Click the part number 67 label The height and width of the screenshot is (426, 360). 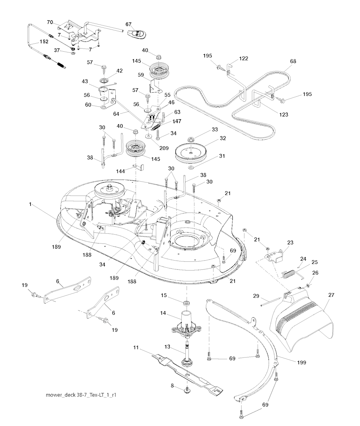[x=128, y=24]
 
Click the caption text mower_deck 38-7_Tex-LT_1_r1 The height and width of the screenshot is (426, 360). [x=81, y=395]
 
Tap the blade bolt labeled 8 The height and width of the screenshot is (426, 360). [x=185, y=389]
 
